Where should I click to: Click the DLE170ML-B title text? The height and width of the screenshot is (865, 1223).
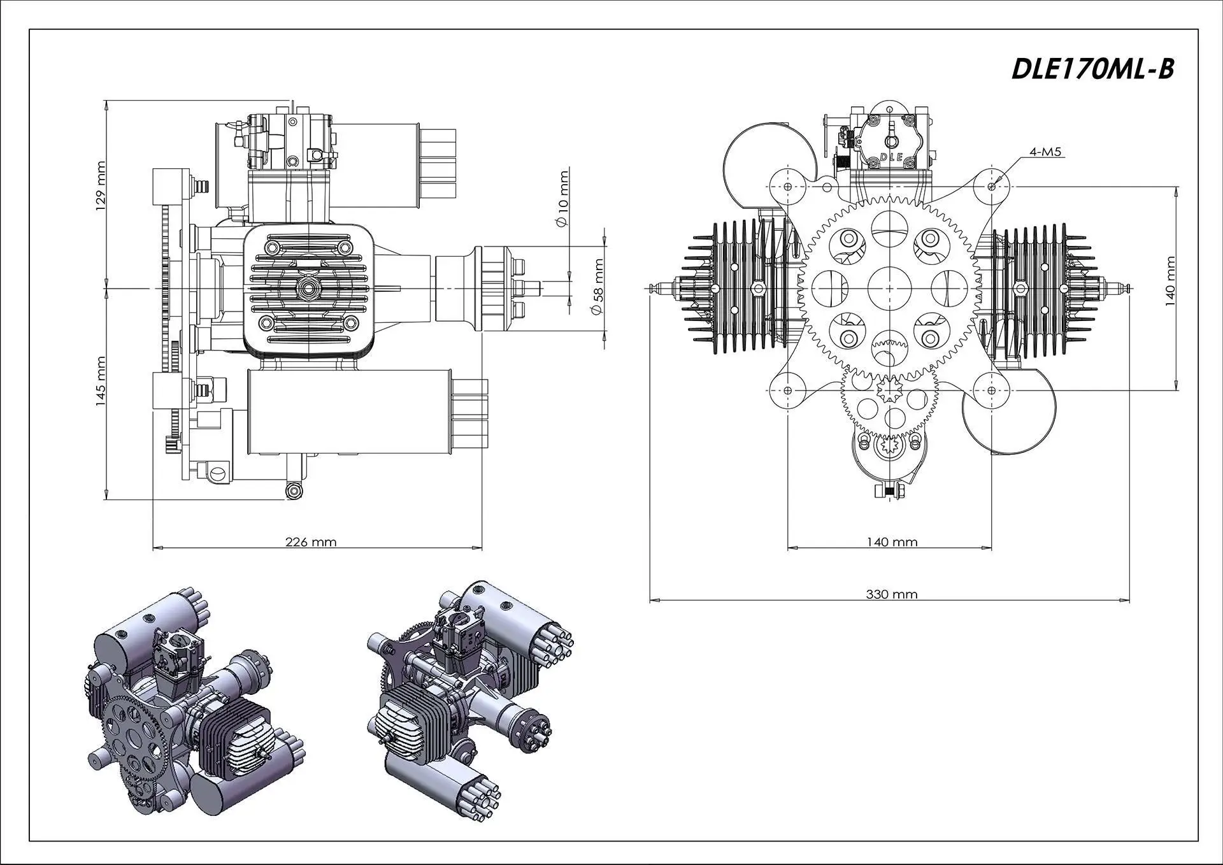click(x=1092, y=69)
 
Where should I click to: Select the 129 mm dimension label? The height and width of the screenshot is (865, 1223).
click(x=101, y=187)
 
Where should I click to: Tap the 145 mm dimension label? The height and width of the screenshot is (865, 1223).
click(x=101, y=383)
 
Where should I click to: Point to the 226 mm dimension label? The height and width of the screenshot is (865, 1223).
click(x=311, y=542)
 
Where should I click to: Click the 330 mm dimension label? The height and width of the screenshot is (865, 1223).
click(x=892, y=594)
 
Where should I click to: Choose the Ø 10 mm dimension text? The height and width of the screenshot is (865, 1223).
click(x=562, y=198)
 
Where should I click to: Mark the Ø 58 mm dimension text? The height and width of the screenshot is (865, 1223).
click(x=596, y=287)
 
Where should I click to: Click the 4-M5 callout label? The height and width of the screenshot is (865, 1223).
click(x=1046, y=152)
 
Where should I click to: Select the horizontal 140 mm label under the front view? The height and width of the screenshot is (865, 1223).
click(x=892, y=542)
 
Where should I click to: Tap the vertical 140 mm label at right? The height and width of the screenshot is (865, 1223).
click(x=1170, y=281)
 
